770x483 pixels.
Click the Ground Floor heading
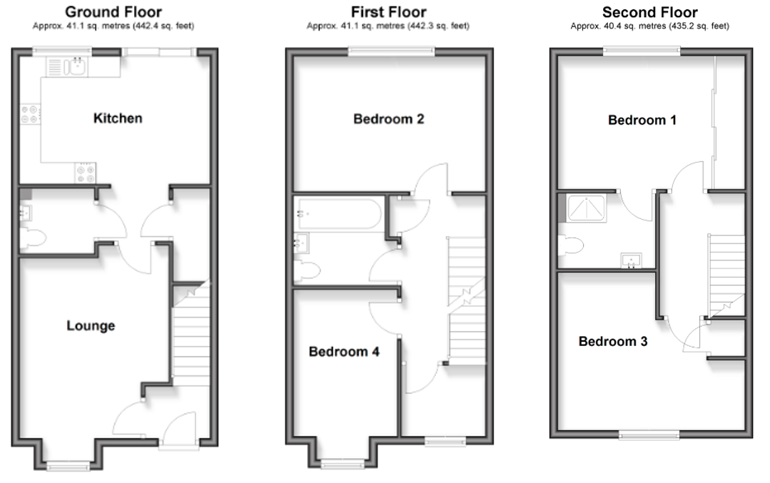point(113,12)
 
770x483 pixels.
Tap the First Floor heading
point(388,12)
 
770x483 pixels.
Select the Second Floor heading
point(649,12)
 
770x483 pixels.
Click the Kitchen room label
point(118,118)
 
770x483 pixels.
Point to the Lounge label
point(91,326)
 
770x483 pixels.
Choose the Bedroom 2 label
point(389,119)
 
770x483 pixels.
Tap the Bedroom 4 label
point(344,352)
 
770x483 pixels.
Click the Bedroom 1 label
point(642,120)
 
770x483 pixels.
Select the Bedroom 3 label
point(613,342)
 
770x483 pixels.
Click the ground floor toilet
point(31,240)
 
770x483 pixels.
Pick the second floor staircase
point(726,275)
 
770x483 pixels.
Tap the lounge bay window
point(69,466)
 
